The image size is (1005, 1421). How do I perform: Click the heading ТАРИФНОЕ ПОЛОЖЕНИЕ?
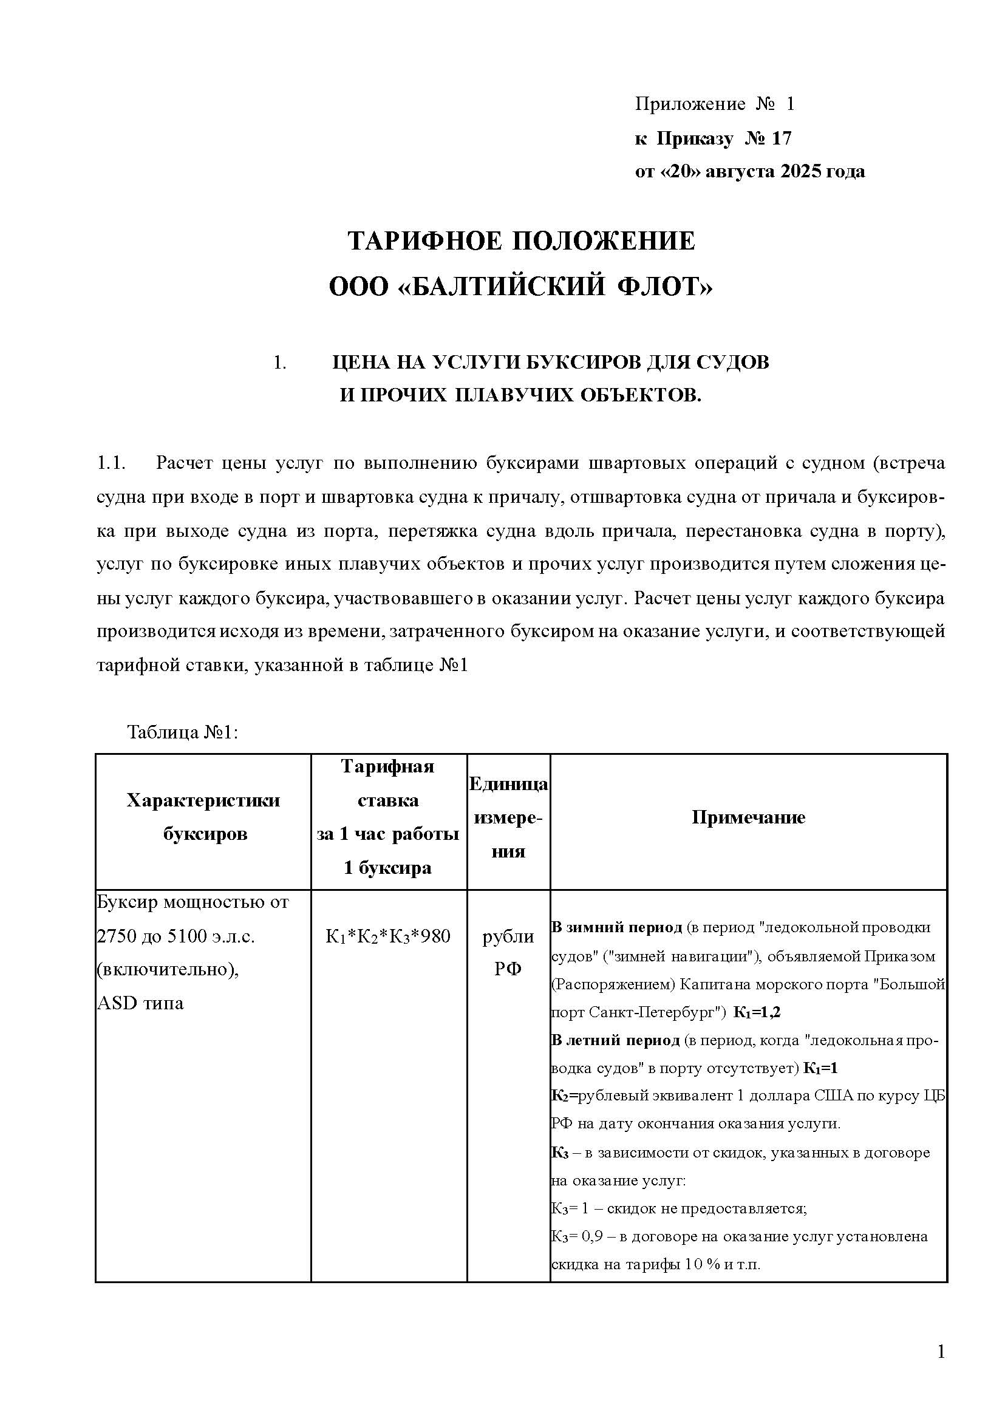click(x=521, y=240)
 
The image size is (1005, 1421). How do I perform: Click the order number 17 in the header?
click(x=782, y=138)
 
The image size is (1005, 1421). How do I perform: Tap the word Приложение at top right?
click(x=690, y=104)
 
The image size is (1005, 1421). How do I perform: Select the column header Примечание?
click(x=748, y=817)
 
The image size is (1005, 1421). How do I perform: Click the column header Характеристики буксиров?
click(x=203, y=817)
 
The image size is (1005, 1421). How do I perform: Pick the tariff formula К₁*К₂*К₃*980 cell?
click(x=388, y=936)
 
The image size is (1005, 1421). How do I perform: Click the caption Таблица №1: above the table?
click(x=183, y=732)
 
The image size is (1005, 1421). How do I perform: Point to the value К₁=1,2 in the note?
click(x=757, y=1012)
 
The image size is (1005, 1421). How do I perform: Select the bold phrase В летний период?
click(x=615, y=1040)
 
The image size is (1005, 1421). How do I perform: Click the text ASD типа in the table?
click(x=140, y=1003)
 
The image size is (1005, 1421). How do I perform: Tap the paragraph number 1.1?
click(x=111, y=463)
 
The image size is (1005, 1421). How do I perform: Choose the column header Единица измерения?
click(x=508, y=817)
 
